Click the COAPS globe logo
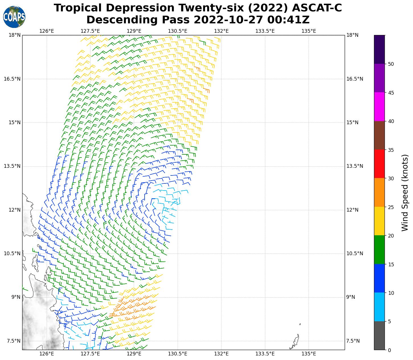point(14,17)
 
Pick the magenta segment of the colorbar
point(379,107)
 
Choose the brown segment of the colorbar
point(379,135)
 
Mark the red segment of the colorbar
point(379,164)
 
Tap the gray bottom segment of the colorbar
point(379,336)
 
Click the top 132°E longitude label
point(221,31)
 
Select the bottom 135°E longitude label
point(309,354)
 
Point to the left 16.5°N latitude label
point(12,79)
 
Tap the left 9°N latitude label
point(16,297)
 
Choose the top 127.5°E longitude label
point(90,31)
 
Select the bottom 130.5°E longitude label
point(178,354)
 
